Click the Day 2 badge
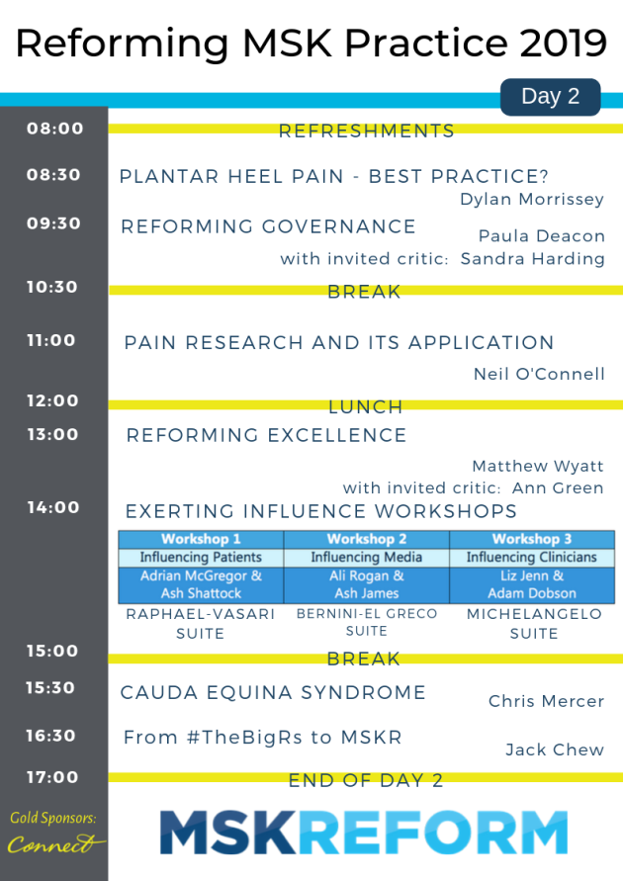(550, 97)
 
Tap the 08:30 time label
(53, 175)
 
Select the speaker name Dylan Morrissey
(532, 200)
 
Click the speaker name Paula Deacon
(542, 236)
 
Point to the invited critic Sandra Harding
(533, 259)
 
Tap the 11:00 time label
(51, 340)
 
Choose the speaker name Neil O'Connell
(539, 374)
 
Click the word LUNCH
(366, 406)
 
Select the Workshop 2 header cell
(366, 540)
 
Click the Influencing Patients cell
(201, 558)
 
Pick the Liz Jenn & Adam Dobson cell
(532, 585)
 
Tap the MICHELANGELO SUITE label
(534, 624)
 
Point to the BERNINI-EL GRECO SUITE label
(367, 622)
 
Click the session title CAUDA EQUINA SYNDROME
(273, 693)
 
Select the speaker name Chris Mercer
(546, 701)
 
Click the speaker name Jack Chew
(555, 749)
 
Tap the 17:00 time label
(52, 777)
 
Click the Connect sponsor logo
(55, 843)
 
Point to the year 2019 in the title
(564, 43)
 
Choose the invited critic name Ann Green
(558, 488)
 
